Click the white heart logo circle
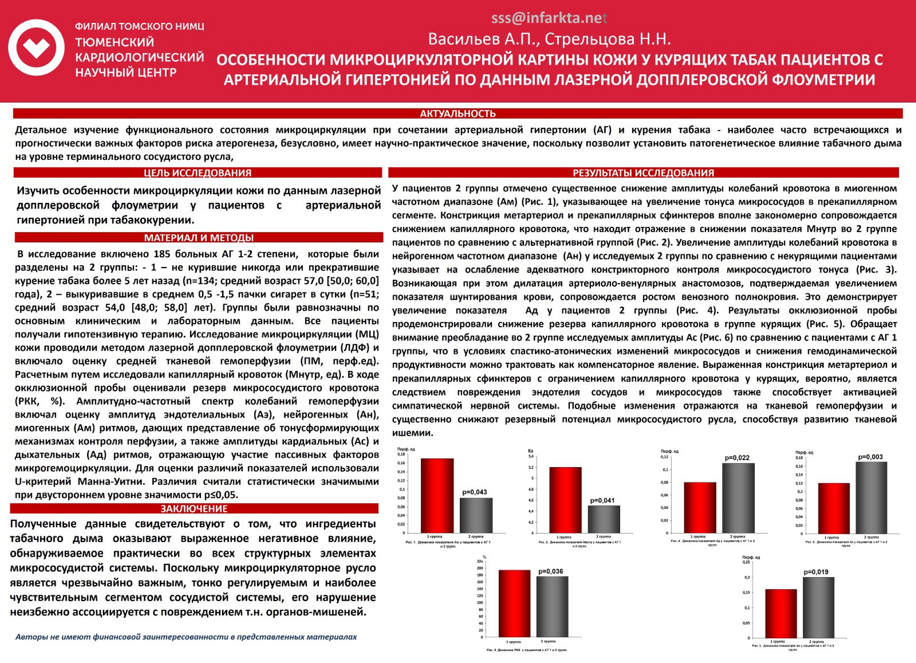click(x=37, y=47)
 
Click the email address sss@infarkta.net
click(x=549, y=18)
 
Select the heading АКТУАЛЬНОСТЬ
click(x=458, y=114)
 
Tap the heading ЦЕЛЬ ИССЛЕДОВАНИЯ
click(x=197, y=173)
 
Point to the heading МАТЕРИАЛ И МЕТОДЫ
click(x=199, y=238)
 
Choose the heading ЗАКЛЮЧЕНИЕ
click(x=194, y=509)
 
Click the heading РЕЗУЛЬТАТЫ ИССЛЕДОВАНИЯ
click(x=643, y=173)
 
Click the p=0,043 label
click(x=474, y=492)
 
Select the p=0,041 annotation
click(x=602, y=500)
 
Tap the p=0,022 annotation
click(x=737, y=457)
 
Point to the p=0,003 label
click(x=870, y=456)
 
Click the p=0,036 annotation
click(x=551, y=571)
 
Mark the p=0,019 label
click(x=816, y=572)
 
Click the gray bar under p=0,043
click(x=476, y=516)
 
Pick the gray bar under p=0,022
click(x=738, y=498)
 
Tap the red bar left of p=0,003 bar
click(x=834, y=508)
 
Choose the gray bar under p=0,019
click(x=818, y=608)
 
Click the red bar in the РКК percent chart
click(x=514, y=603)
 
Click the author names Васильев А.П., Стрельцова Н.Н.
click(x=549, y=39)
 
